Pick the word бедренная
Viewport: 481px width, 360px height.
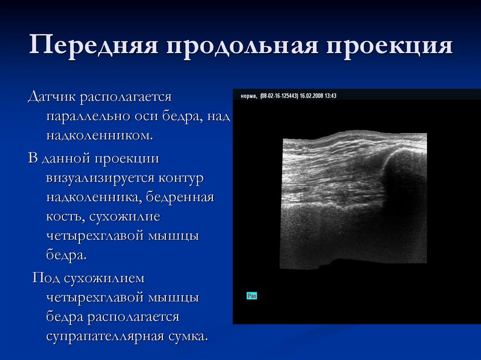[x=180, y=198]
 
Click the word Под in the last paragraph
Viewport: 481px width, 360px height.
[x=45, y=278]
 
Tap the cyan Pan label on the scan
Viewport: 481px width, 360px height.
[x=252, y=296]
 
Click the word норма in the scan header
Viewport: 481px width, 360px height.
[x=248, y=96]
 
